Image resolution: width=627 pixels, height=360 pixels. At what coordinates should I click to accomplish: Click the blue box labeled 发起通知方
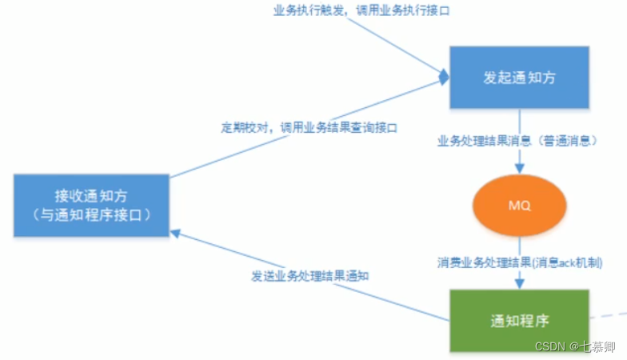coord(518,78)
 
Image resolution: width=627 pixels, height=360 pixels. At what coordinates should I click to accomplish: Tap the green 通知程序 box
coord(519,321)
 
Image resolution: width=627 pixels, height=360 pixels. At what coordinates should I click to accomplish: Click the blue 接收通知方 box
coord(90,206)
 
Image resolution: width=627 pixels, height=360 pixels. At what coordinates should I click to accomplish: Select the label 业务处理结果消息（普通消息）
coord(518,141)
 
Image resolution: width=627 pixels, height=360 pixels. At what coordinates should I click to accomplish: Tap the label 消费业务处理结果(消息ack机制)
coord(520,262)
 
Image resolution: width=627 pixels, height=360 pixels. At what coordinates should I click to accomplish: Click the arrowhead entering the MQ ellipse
coord(520,169)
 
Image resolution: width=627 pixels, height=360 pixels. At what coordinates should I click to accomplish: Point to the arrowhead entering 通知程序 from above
coord(520,285)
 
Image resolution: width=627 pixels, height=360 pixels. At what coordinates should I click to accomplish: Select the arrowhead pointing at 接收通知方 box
coord(175,233)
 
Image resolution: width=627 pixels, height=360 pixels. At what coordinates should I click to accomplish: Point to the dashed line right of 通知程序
coord(608,315)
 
